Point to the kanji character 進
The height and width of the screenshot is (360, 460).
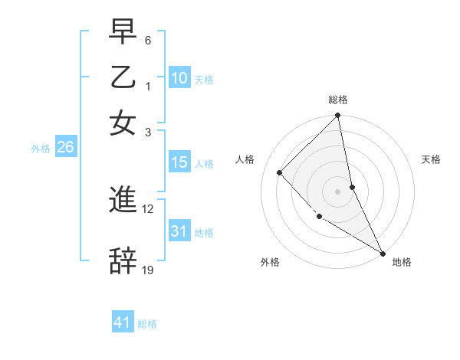(x=123, y=201)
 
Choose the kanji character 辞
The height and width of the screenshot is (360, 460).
(x=123, y=260)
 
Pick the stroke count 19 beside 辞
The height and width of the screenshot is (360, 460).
(x=148, y=270)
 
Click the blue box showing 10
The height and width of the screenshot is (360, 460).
(x=179, y=77)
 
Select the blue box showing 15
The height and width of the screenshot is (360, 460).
(x=179, y=162)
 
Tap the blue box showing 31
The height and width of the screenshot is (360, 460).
(x=179, y=231)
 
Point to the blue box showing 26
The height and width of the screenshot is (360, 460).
(x=65, y=148)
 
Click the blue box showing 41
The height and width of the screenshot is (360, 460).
(x=123, y=322)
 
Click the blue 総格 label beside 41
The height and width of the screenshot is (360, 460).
(x=147, y=324)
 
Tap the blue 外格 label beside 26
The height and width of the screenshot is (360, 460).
(x=41, y=149)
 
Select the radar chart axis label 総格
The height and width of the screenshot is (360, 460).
(x=338, y=100)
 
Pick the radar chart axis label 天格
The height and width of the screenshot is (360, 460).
(x=432, y=159)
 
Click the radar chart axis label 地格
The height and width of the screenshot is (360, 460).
(x=402, y=262)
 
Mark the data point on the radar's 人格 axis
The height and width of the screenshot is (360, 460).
(x=280, y=172)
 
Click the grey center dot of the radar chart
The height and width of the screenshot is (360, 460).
(x=338, y=191)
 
